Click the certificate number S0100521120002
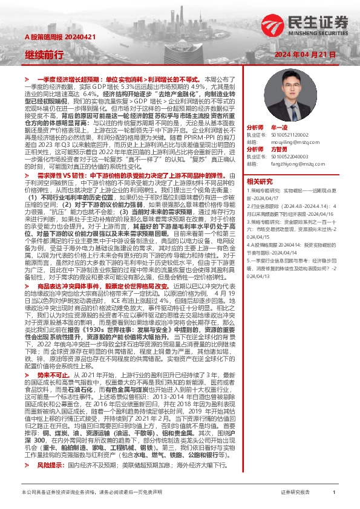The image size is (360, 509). point(289,135)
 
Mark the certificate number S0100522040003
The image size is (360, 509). point(289,155)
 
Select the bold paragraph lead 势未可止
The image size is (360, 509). point(50,375)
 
